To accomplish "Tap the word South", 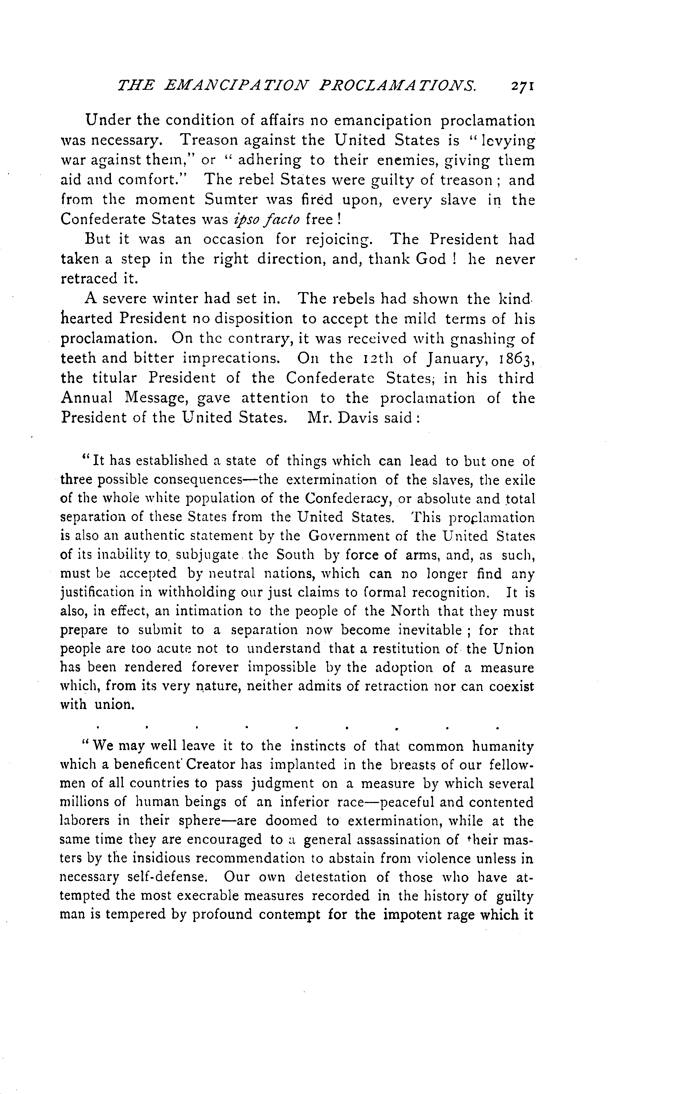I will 295,555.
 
